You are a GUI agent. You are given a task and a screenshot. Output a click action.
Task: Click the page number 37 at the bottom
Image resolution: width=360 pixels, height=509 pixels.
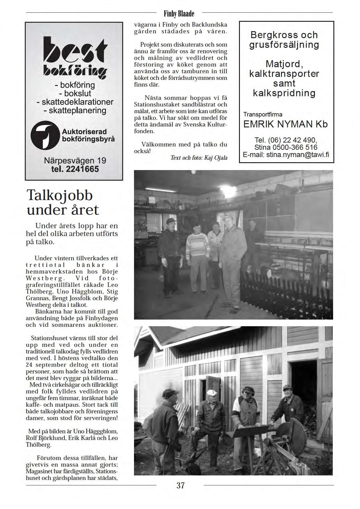coord(180,485)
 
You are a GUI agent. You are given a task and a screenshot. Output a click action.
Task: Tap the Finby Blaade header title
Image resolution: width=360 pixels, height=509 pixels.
coord(179,14)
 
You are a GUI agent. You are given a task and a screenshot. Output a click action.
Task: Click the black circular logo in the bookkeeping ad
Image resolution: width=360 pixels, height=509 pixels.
coord(45,135)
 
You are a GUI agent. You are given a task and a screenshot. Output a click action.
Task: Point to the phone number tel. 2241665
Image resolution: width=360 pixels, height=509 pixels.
coord(75,169)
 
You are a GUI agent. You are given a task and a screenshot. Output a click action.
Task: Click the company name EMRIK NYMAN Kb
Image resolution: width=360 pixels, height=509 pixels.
coord(285,124)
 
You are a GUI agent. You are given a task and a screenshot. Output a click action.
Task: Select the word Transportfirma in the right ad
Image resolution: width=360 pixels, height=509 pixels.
coord(263,114)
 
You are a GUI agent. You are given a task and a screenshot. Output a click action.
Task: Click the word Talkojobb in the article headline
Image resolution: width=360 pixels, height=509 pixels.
coord(60,195)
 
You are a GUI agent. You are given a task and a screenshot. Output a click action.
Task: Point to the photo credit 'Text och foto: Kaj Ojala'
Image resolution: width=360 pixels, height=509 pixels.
coord(199,158)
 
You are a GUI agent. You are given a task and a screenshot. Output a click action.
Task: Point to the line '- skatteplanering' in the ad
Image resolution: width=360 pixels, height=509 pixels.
coord(75,110)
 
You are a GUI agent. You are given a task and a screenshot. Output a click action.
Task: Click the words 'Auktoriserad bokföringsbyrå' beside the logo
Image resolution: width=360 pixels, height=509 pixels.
coord(88,135)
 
